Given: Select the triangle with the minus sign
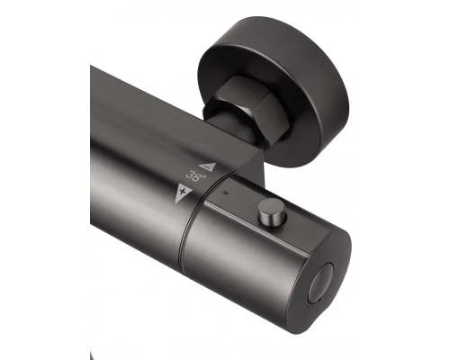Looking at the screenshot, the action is (x=208, y=166).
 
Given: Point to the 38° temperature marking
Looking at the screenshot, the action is (x=196, y=175).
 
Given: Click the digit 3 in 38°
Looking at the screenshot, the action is (x=190, y=175).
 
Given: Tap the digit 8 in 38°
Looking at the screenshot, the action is (x=197, y=176).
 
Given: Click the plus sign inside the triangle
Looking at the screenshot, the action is (x=182, y=191).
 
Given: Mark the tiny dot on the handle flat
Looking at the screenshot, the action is (x=226, y=193).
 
